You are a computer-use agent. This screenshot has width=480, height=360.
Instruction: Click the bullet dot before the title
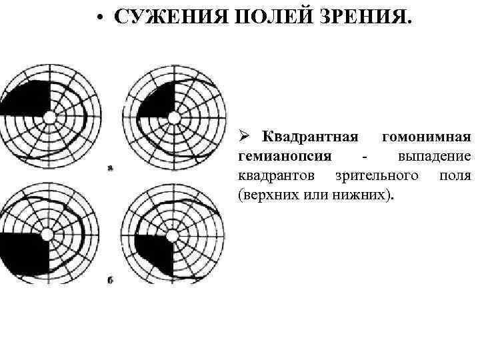[98, 18]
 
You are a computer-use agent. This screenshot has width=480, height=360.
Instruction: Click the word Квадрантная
[310, 137]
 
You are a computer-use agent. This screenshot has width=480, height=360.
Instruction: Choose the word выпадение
[435, 157]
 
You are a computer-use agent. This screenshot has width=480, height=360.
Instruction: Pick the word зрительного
[374, 176]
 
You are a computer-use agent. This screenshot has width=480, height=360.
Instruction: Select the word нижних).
[364, 195]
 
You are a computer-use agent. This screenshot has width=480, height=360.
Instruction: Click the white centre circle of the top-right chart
[175, 117]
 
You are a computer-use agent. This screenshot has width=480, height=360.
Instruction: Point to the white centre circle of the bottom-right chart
[173, 235]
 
